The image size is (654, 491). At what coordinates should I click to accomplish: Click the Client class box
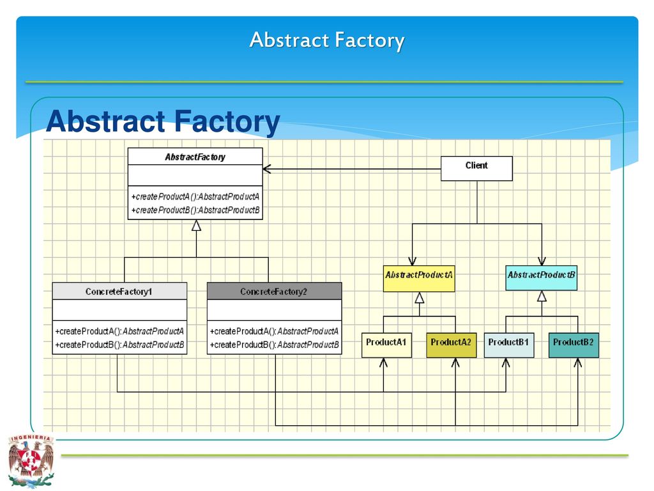click(x=476, y=168)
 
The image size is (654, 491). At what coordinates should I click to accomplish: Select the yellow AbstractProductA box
click(x=419, y=279)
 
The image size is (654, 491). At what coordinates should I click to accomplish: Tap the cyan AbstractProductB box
click(x=542, y=278)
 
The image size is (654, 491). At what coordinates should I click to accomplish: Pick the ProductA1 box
click(x=386, y=345)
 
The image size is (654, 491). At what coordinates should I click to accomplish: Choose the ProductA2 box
click(x=452, y=345)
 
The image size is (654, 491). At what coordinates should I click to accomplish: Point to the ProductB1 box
click(x=509, y=345)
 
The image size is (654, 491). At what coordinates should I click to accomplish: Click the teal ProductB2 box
click(x=574, y=345)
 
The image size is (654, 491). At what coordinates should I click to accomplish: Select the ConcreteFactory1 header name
click(x=119, y=292)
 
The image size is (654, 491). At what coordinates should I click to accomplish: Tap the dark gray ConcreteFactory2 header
click(x=275, y=291)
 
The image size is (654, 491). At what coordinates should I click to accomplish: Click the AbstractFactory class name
click(x=195, y=157)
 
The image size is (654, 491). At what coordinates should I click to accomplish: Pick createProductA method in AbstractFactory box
click(x=195, y=197)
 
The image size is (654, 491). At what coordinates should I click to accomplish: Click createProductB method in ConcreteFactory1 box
click(x=119, y=345)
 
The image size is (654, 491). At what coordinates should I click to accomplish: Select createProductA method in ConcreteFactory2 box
click(x=275, y=332)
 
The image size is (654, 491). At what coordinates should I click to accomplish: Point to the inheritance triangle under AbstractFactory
click(x=196, y=226)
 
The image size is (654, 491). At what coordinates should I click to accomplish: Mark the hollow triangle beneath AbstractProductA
click(x=420, y=298)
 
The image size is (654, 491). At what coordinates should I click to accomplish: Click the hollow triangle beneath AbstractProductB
click(x=542, y=297)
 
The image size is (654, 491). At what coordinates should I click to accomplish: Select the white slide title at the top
click(x=327, y=40)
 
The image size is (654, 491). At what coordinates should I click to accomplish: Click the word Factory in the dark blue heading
click(x=227, y=121)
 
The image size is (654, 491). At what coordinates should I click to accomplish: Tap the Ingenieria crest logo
click(x=31, y=461)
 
